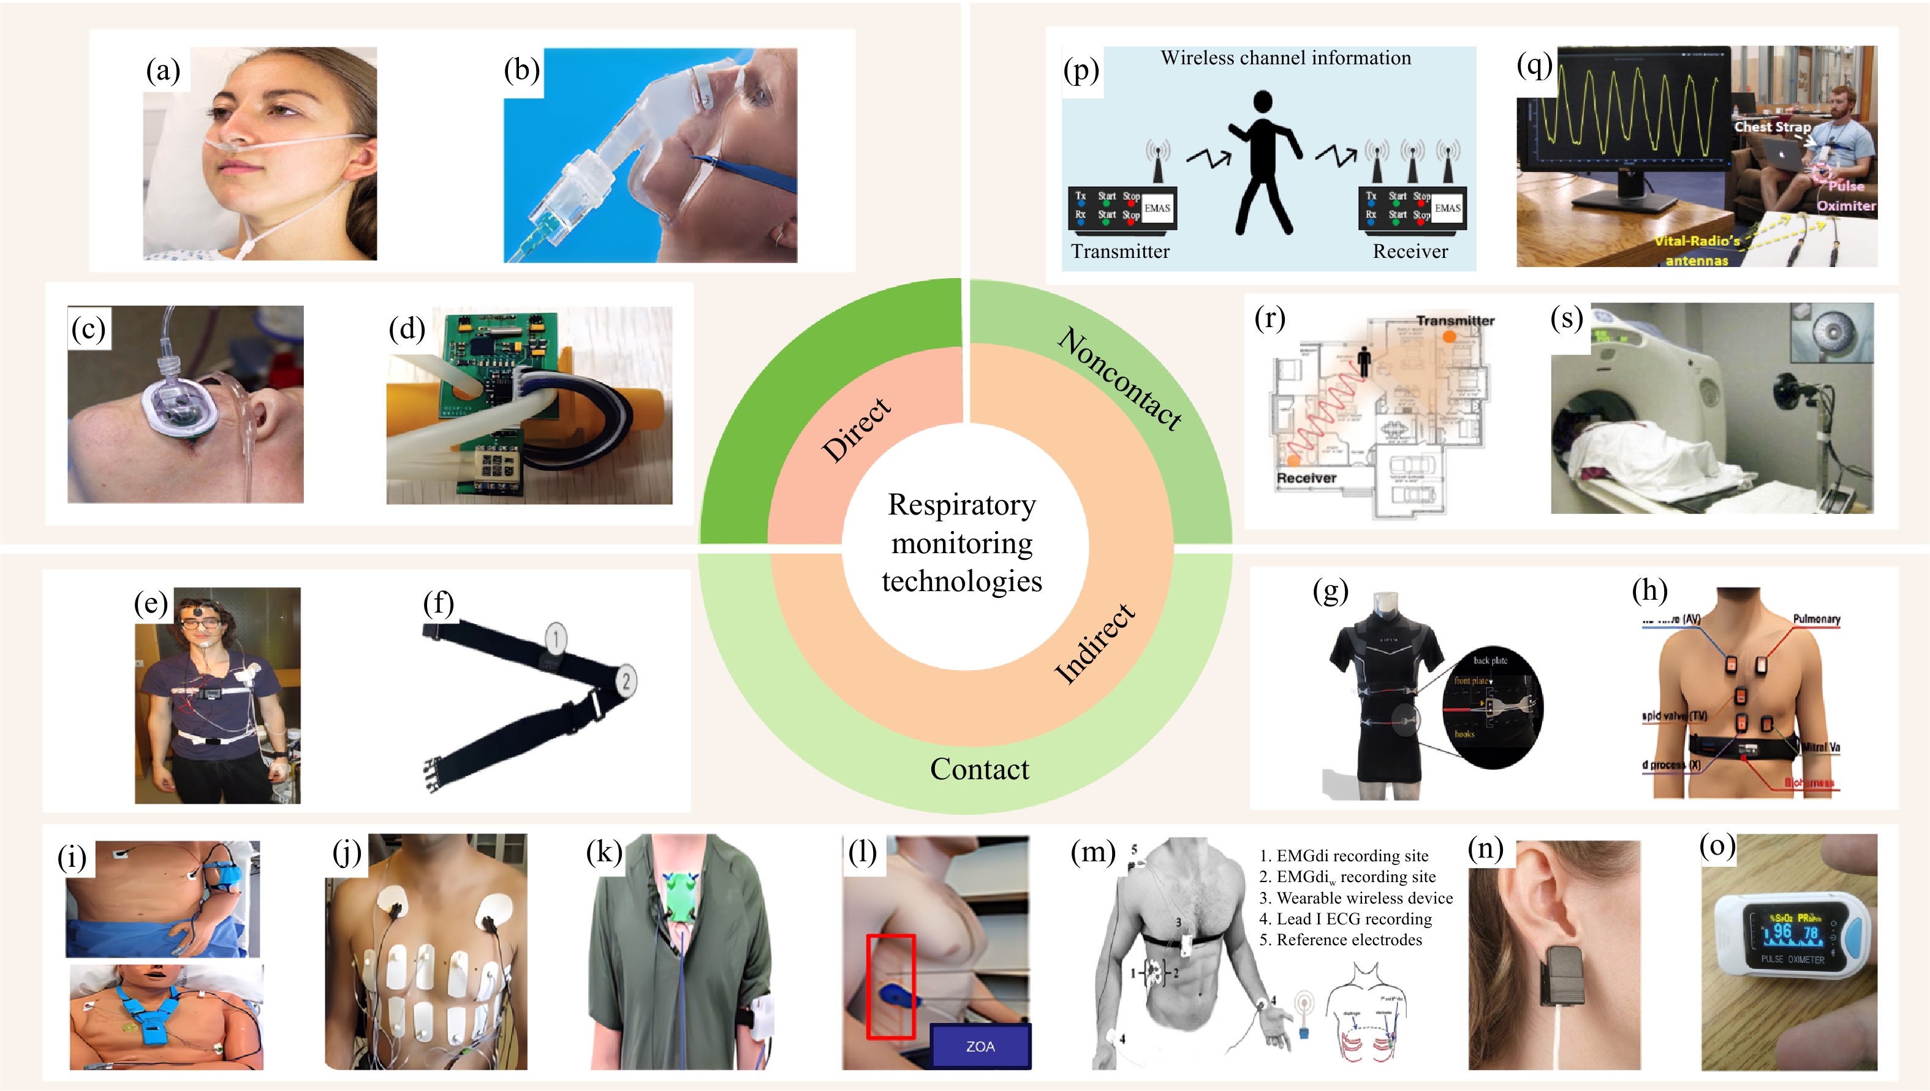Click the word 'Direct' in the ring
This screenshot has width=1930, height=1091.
tap(857, 429)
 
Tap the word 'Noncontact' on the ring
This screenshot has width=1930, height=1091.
tap(1120, 379)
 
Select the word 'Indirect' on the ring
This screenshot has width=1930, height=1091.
tap(1095, 644)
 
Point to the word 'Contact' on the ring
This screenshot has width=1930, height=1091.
tap(979, 769)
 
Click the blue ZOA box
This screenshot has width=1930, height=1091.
tap(980, 1046)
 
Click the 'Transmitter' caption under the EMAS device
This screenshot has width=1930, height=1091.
tap(1120, 252)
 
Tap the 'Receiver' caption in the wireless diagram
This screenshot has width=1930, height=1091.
tap(1410, 252)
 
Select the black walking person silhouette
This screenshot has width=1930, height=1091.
tap(1265, 162)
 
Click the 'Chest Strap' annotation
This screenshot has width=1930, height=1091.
tap(1772, 127)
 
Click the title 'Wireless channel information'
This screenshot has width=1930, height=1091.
tap(1285, 58)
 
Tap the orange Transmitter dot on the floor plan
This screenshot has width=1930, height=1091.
tap(1450, 337)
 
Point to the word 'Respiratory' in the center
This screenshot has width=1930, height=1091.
tap(962, 505)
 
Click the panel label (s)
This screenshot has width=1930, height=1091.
tap(1567, 318)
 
